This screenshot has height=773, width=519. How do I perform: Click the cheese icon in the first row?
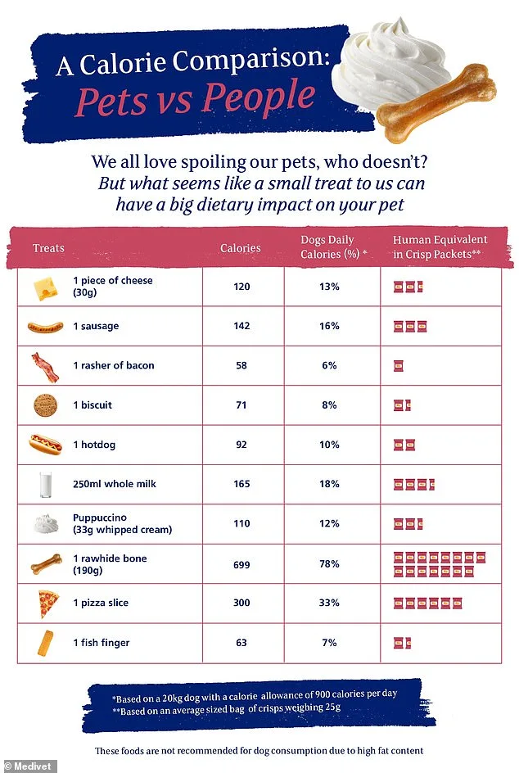(45, 287)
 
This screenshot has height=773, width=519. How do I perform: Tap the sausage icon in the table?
(45, 327)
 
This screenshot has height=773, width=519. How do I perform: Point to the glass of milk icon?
(46, 484)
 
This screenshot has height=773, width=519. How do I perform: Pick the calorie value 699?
(241, 565)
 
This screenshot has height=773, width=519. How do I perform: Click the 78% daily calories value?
(329, 565)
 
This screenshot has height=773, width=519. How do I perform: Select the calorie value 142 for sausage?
(241, 327)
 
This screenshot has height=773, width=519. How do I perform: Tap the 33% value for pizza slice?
(329, 603)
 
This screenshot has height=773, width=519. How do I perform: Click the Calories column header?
(241, 248)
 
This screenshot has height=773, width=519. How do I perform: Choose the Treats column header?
(48, 248)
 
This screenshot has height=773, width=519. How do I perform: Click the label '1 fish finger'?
(101, 643)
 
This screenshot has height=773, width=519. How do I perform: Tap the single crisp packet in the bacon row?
(399, 366)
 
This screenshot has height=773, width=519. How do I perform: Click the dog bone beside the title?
(436, 98)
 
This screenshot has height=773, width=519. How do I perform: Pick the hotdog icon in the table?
(45, 445)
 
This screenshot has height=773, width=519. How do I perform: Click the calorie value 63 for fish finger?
(241, 643)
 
